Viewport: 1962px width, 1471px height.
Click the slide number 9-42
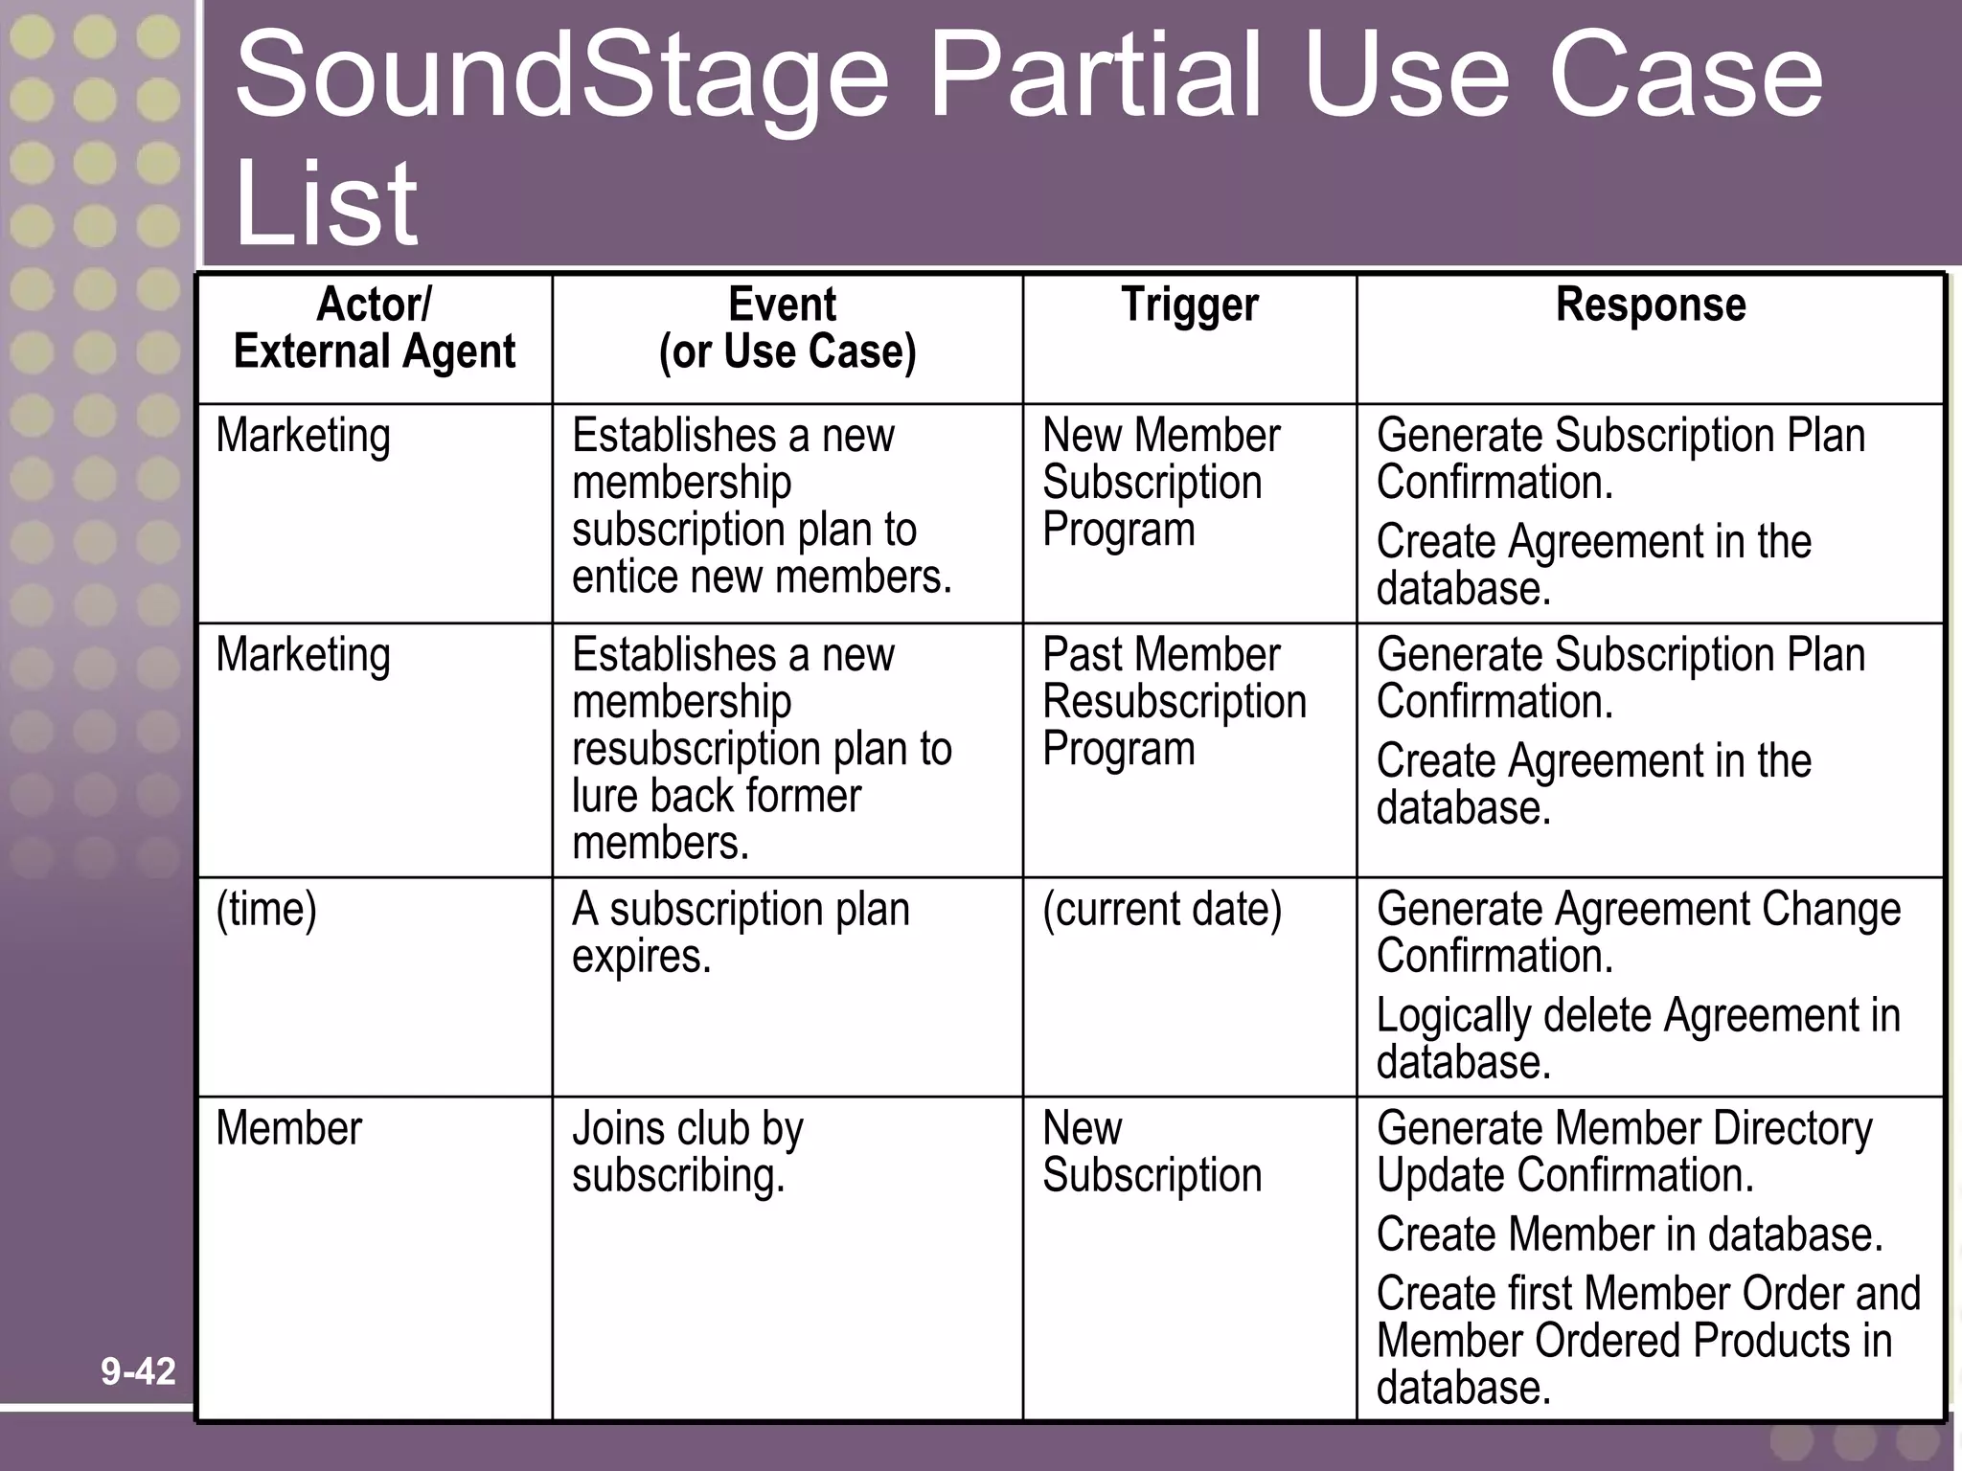pos(138,1371)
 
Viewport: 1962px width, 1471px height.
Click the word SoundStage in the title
pos(561,77)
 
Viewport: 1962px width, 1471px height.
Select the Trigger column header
pos(1189,306)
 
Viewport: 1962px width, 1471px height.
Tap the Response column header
pos(1650,306)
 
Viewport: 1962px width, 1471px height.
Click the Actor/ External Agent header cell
pos(374,328)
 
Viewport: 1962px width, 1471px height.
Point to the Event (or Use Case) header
pos(787,328)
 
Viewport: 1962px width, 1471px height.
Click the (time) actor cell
pos(266,909)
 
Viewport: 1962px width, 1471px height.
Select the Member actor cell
pos(288,1128)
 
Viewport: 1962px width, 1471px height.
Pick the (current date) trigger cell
pos(1161,909)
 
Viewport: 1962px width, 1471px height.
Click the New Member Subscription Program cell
pos(1161,483)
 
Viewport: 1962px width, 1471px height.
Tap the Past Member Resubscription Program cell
pos(1174,702)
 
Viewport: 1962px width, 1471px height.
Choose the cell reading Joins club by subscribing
pos(687,1152)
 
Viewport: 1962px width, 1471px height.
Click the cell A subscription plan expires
pos(740,932)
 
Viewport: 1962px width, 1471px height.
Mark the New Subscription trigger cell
pos(1152,1152)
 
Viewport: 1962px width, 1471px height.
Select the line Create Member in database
pos(1629,1234)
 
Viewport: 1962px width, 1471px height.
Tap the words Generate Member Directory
pos(1623,1128)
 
